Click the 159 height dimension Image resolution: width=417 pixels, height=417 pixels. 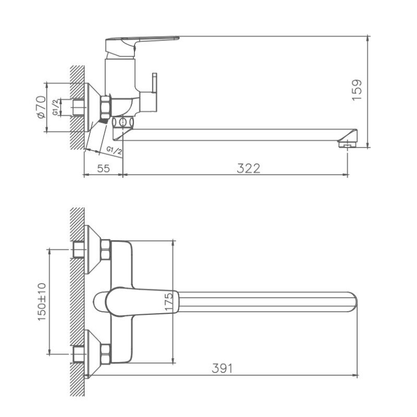(x=357, y=90)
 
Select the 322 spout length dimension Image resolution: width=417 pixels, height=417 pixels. (x=249, y=168)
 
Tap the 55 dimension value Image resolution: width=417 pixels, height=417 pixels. (x=103, y=168)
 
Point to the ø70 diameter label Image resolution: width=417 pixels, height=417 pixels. (x=41, y=107)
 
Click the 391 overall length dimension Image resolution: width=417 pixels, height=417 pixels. (x=222, y=369)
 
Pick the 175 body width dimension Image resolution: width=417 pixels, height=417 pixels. (x=168, y=301)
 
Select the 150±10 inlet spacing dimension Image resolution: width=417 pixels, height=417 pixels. (x=42, y=302)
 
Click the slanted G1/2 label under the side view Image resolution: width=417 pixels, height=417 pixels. (x=114, y=151)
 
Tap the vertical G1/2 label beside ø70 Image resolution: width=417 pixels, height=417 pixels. (x=55, y=107)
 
